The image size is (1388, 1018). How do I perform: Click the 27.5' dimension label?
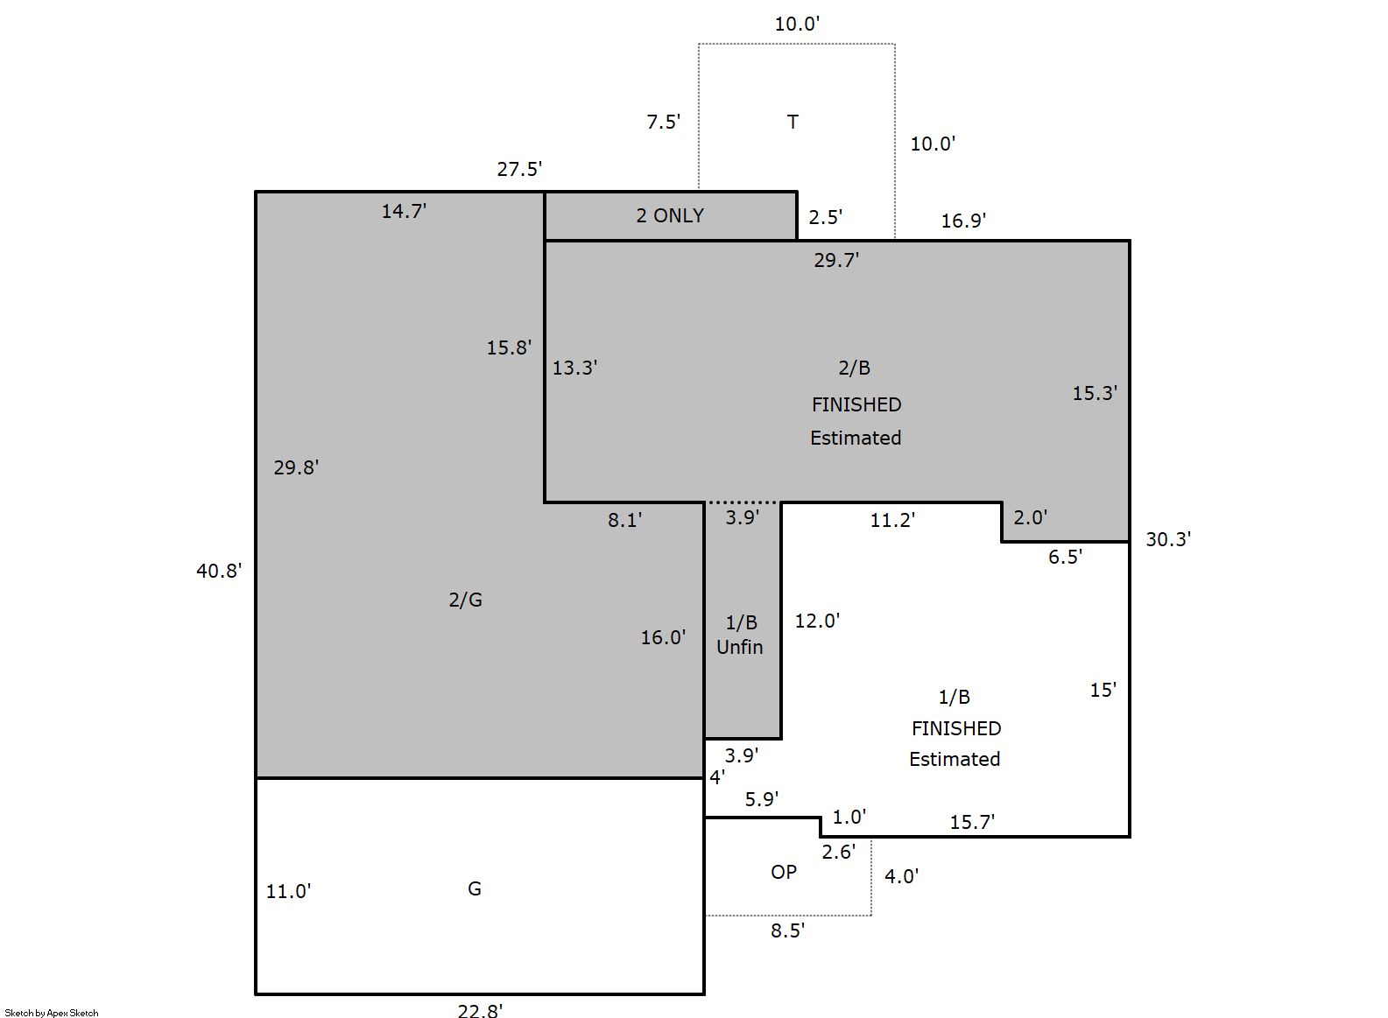click(519, 169)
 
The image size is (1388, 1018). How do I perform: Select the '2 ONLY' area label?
click(670, 215)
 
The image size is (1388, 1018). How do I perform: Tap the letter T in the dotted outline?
click(793, 122)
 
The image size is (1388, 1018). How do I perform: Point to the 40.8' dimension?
click(219, 571)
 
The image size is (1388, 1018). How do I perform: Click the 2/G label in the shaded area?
click(465, 600)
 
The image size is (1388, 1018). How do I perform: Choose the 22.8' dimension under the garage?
click(480, 1011)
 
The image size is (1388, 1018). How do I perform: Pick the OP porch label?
click(784, 872)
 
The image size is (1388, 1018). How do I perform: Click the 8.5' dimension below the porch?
click(787, 930)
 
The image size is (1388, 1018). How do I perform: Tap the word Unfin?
click(740, 647)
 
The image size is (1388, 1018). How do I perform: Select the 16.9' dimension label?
click(963, 221)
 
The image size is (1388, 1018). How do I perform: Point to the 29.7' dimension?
click(836, 260)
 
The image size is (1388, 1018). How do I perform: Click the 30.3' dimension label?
click(1168, 539)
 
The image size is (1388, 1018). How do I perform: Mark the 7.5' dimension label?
click(664, 122)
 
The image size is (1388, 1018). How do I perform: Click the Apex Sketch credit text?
click(52, 1013)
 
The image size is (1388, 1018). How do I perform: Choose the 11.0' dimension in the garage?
click(288, 892)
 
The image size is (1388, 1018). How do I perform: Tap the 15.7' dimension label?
click(972, 822)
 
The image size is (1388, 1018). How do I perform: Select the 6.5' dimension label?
click(1065, 558)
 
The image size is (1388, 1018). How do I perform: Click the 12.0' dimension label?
click(817, 621)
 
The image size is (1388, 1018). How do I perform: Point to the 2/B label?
click(855, 368)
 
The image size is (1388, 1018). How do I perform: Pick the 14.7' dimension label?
click(404, 211)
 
